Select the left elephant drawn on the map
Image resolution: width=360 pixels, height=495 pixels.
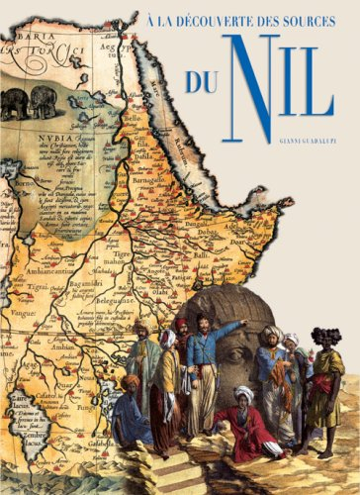13,103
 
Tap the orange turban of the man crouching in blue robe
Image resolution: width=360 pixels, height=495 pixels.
132,380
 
